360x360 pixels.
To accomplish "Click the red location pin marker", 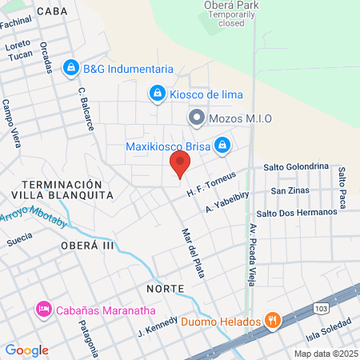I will tap(179, 166).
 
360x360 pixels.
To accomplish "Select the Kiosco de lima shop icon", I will tap(158, 94).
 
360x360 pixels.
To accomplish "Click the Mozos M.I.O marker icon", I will tap(195, 118).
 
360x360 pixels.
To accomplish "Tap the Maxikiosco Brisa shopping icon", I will tap(223, 146).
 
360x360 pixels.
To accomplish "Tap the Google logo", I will tap(26, 350).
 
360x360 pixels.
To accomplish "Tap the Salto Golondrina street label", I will tap(296, 166).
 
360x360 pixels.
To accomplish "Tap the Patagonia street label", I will tap(88, 338).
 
